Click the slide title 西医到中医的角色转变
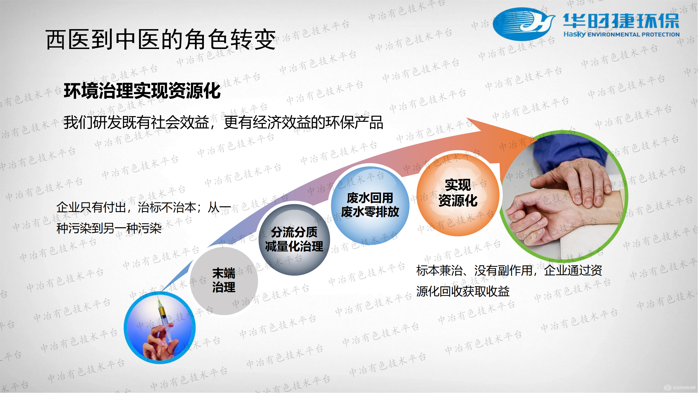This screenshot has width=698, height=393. (x=161, y=40)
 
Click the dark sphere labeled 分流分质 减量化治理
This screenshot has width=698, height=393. (x=294, y=240)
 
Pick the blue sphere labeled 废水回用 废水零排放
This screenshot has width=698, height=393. (x=370, y=205)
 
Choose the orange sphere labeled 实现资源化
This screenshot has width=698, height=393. (x=458, y=194)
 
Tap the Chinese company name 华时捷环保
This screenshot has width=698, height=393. (x=621, y=21)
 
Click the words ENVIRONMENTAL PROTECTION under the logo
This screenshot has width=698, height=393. (x=633, y=34)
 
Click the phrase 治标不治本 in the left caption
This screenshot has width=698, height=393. (x=167, y=208)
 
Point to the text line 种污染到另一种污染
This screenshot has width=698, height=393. (x=109, y=228)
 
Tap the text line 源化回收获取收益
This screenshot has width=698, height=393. (x=463, y=291)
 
